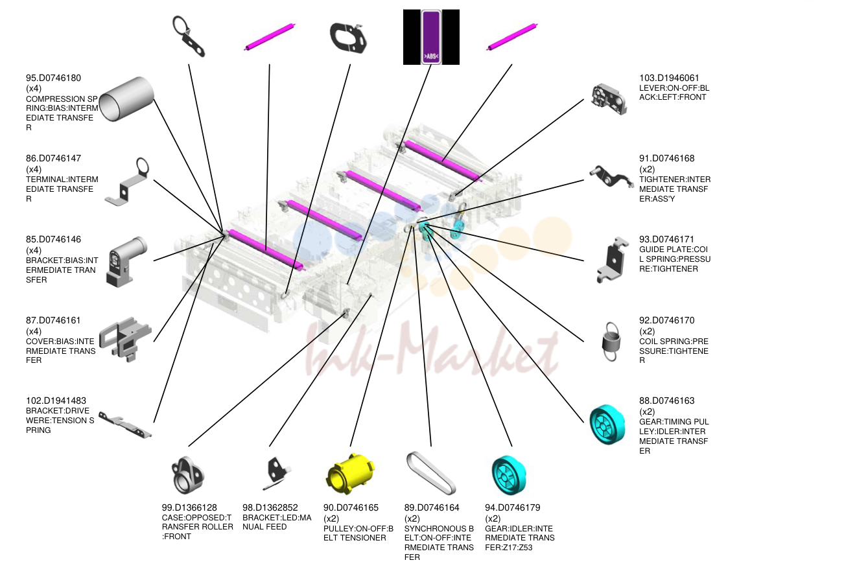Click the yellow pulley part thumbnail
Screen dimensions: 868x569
click(350, 474)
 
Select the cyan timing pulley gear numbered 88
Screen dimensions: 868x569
click(607, 424)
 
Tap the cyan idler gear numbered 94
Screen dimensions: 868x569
click(508, 475)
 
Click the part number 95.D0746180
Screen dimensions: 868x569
click(53, 78)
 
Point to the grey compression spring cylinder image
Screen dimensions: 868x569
click(126, 99)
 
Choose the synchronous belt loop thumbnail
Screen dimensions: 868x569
click(431, 473)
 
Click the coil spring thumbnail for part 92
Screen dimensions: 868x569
click(610, 342)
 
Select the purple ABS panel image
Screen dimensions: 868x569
click(431, 37)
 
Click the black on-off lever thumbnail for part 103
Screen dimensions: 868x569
click(609, 99)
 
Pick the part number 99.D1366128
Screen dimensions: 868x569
click(189, 507)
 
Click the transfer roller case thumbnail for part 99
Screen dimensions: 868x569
click(187, 475)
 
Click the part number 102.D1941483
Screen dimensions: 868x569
click(56, 401)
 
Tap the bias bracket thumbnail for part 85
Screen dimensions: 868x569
click(126, 262)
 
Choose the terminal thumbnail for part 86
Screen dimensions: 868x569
click(127, 181)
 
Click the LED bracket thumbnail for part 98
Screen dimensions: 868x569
click(277, 473)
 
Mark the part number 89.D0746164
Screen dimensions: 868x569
click(432, 507)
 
